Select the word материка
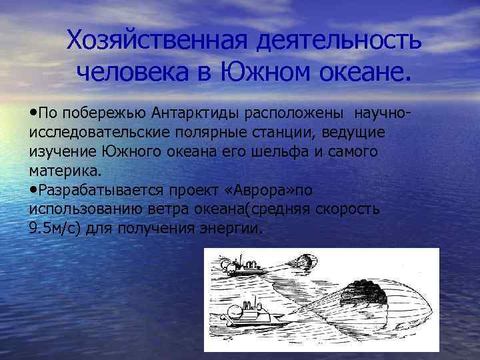point(65,170)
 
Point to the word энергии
point(235,227)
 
